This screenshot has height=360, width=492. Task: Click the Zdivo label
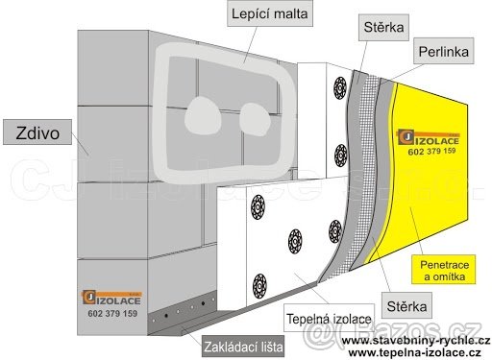37,132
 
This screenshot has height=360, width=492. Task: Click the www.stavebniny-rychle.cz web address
414,340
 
